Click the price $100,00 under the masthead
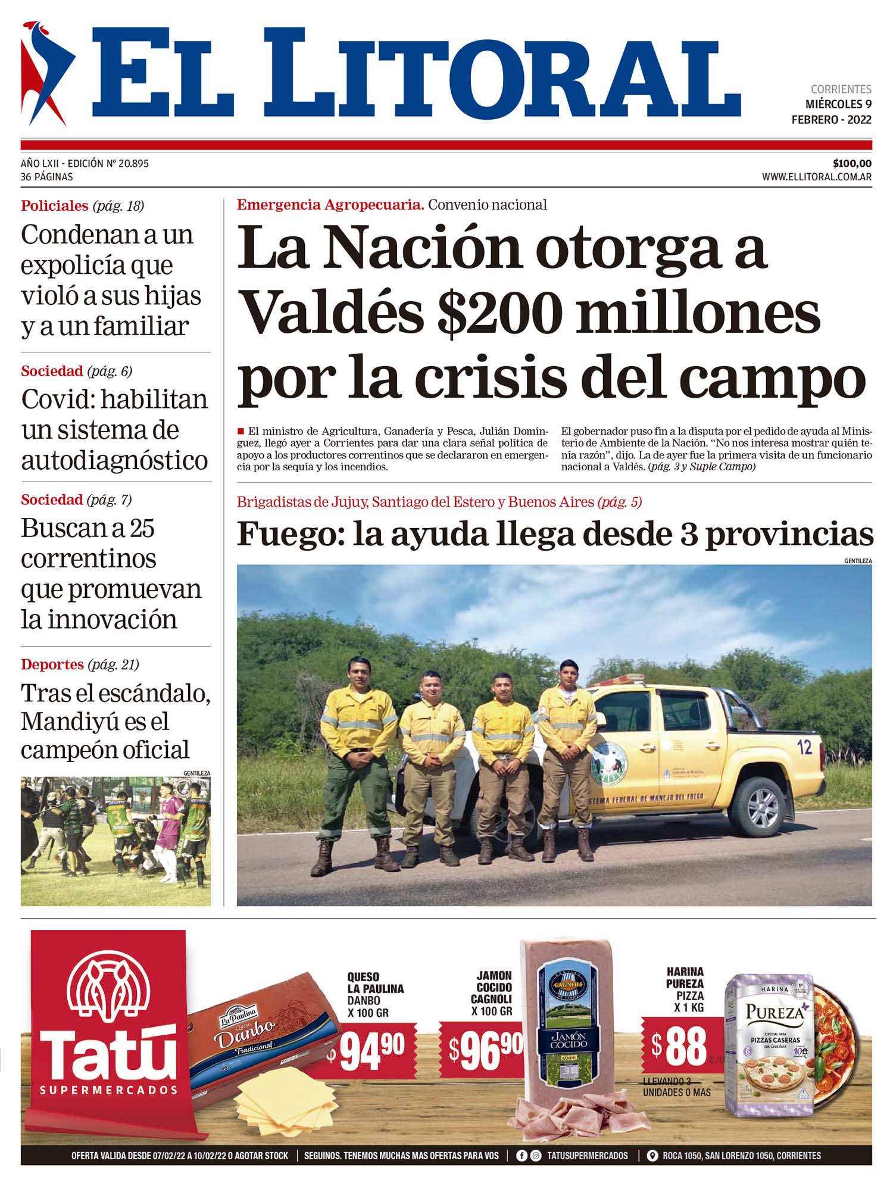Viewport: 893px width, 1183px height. coord(852,164)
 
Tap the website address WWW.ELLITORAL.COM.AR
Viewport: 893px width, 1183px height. coord(816,177)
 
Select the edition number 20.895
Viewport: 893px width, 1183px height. coord(133,164)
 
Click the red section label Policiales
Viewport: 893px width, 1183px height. coord(54,206)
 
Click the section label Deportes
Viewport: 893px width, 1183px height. coord(52,664)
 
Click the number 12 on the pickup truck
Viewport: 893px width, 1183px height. coord(804,747)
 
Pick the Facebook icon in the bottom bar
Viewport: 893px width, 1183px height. coord(522,1156)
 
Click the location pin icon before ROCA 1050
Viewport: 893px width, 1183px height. coord(652,1156)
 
